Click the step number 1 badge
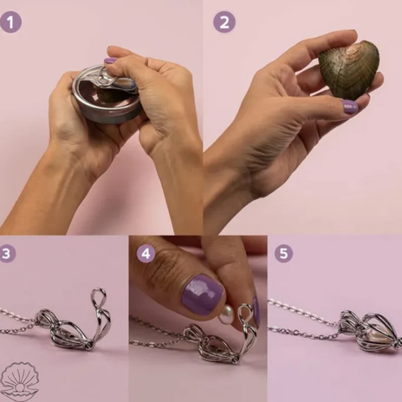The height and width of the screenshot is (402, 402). (x=11, y=22)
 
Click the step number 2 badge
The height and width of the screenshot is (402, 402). (x=224, y=22)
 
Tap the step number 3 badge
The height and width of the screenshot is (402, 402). (x=8, y=253)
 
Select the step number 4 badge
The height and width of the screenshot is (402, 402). (x=146, y=254)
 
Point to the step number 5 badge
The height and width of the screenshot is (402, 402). (x=283, y=253)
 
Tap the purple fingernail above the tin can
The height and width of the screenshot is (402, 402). (x=110, y=61)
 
